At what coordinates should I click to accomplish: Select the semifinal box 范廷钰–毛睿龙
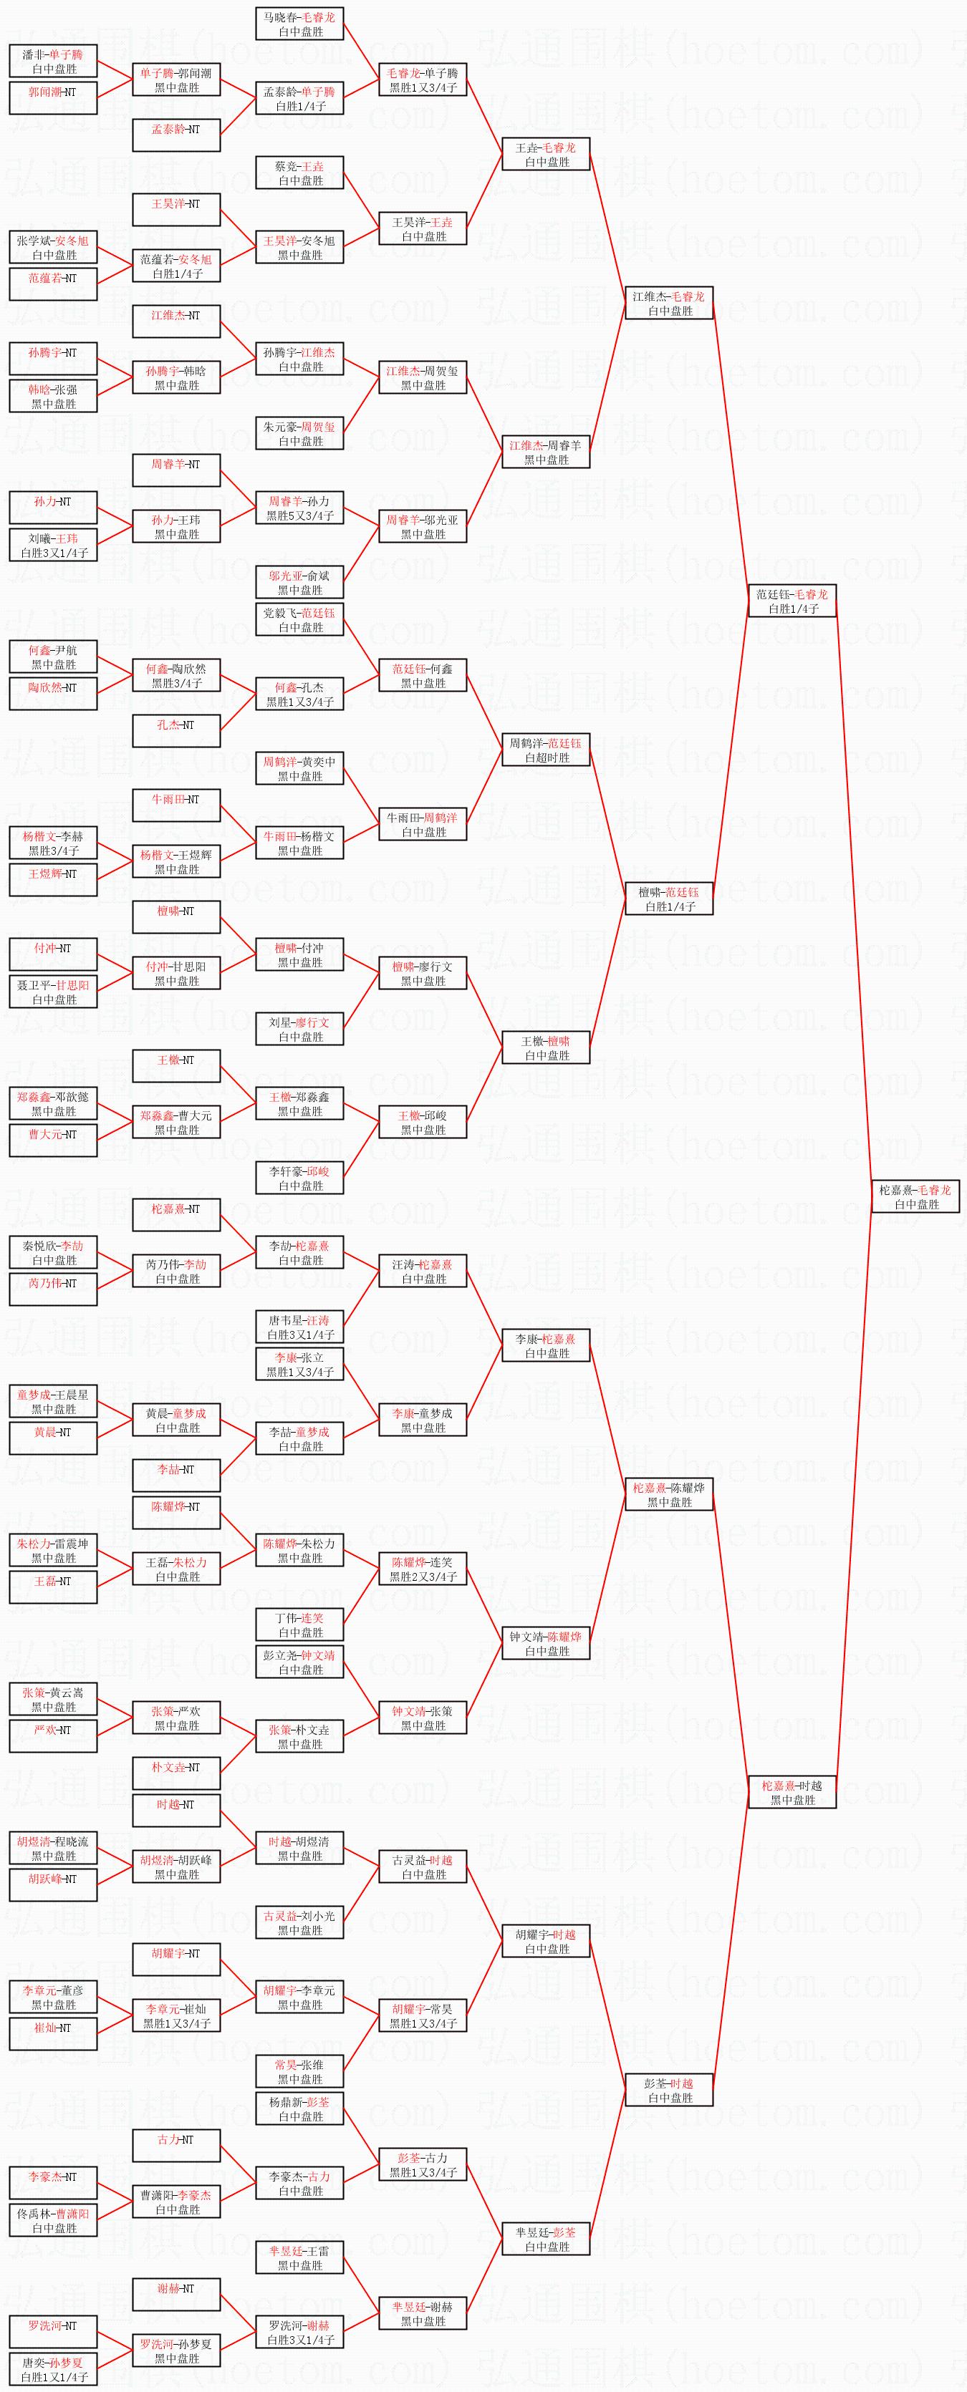tap(792, 601)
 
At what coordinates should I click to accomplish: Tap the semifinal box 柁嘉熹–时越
tap(792, 1791)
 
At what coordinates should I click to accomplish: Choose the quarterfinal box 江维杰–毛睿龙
tap(669, 304)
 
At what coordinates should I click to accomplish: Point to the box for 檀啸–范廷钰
tap(669, 899)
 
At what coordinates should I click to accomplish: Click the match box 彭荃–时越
tap(669, 2089)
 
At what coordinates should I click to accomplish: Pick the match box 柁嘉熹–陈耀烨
tap(669, 1494)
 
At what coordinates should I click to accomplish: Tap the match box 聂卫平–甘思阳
tap(53, 992)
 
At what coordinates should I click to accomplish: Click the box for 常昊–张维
tap(299, 2071)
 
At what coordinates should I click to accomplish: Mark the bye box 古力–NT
tap(175, 2145)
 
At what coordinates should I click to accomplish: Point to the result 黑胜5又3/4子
tap(299, 515)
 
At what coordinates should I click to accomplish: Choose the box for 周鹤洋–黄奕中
tap(299, 769)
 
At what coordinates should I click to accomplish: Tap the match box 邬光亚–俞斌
tap(299, 582)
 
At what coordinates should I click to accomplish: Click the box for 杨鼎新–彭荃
tap(299, 2108)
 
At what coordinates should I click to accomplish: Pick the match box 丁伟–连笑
tap(299, 1624)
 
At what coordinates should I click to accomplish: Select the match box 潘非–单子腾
tap(53, 62)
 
